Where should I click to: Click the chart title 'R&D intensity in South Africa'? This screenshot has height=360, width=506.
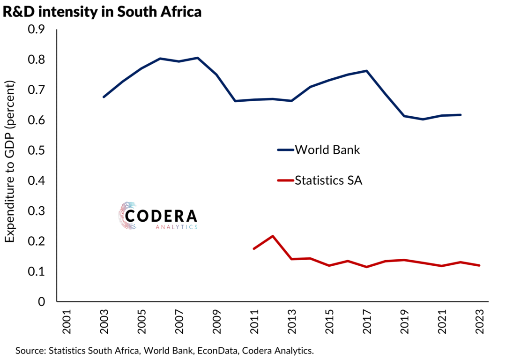click(x=102, y=12)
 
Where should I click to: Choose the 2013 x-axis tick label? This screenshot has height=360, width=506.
click(x=292, y=322)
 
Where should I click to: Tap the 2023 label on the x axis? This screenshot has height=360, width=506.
click(x=480, y=322)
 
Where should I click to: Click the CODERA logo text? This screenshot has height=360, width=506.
click(x=162, y=216)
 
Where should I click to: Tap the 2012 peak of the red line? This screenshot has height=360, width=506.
click(x=273, y=236)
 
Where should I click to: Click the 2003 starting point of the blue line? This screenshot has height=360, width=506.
click(x=104, y=97)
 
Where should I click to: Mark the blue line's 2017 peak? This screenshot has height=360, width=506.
click(x=366, y=71)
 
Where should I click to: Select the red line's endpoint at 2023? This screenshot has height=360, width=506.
click(x=479, y=265)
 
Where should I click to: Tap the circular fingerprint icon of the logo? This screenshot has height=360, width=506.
click(x=127, y=216)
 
